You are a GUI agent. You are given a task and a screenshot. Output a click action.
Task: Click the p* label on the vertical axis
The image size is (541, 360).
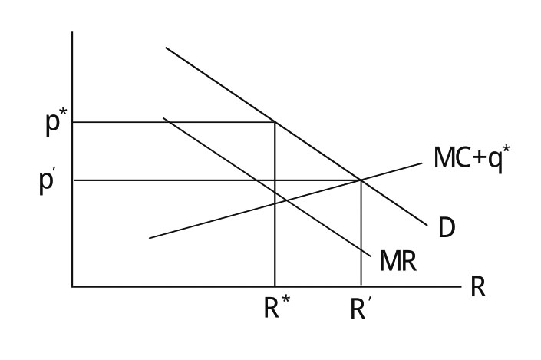pyautogui.click(x=54, y=124)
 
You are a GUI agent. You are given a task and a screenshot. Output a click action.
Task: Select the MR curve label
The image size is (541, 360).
pyautogui.click(x=398, y=262)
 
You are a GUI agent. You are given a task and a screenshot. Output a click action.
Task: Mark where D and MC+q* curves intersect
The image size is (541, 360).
pyautogui.click(x=361, y=180)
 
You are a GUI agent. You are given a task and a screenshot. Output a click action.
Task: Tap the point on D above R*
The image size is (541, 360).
pyautogui.click(x=275, y=122)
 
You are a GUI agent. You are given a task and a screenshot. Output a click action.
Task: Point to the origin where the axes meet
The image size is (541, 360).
pyautogui.click(x=72, y=286)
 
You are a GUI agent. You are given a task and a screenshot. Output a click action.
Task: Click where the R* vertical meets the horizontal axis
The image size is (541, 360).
pyautogui.click(x=275, y=286)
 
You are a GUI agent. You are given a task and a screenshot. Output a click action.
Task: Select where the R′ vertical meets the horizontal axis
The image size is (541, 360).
pyautogui.click(x=361, y=286)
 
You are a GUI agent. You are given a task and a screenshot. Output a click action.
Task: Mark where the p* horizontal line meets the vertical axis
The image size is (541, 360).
pyautogui.click(x=72, y=122)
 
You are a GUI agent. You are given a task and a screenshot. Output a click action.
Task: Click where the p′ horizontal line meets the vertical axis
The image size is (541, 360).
pyautogui.click(x=72, y=180)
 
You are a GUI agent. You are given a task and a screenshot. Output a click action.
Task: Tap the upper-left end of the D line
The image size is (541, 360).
pyautogui.click(x=166, y=48)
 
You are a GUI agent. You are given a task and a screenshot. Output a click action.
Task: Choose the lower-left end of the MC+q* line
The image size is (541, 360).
pyautogui.click(x=149, y=238)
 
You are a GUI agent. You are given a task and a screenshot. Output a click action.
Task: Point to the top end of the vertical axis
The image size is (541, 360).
pyautogui.click(x=72, y=32)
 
